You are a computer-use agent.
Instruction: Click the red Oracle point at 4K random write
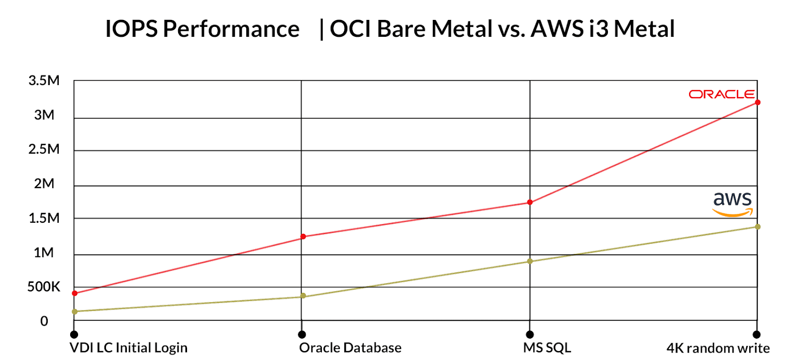click(x=757, y=102)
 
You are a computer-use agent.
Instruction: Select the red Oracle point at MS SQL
click(x=530, y=202)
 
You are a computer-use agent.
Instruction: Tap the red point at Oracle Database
click(x=303, y=237)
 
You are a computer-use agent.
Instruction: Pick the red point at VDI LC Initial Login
click(x=75, y=293)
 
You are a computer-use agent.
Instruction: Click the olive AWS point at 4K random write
click(x=757, y=227)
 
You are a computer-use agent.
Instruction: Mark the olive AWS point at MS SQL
click(x=530, y=261)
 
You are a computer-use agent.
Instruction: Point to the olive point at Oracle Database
click(x=303, y=296)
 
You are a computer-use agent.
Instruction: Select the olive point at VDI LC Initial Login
click(x=75, y=312)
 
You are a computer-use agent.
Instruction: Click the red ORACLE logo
click(x=721, y=94)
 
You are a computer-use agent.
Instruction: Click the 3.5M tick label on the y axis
click(x=44, y=81)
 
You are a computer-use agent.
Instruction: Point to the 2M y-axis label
click(x=44, y=183)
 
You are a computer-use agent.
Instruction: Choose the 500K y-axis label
click(x=44, y=287)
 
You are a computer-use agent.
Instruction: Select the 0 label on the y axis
click(x=44, y=321)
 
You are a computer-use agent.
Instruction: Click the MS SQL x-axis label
click(x=547, y=348)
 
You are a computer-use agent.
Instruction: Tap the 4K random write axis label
click(x=718, y=348)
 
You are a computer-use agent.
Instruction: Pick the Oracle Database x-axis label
click(x=350, y=348)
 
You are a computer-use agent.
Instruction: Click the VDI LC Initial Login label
click(x=128, y=348)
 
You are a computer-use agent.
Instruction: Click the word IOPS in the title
click(x=131, y=29)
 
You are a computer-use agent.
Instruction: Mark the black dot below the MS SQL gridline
click(x=530, y=335)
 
